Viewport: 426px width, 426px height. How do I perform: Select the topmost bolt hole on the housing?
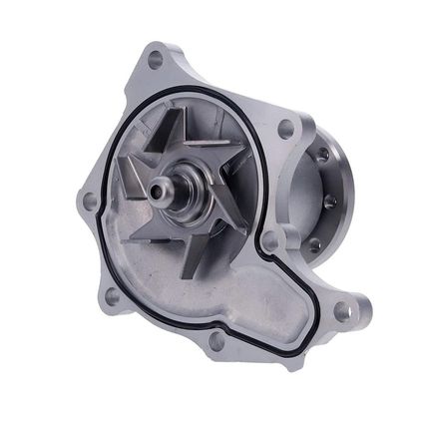click(x=155, y=60)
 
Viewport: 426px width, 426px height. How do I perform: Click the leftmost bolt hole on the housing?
click(x=90, y=201)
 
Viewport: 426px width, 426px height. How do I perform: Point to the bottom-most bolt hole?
click(x=215, y=340)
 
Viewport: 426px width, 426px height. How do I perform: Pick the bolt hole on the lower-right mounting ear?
click(x=342, y=310)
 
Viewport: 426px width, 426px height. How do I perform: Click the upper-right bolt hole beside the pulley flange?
click(x=285, y=129)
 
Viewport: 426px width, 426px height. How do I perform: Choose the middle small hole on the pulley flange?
click(x=330, y=201)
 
